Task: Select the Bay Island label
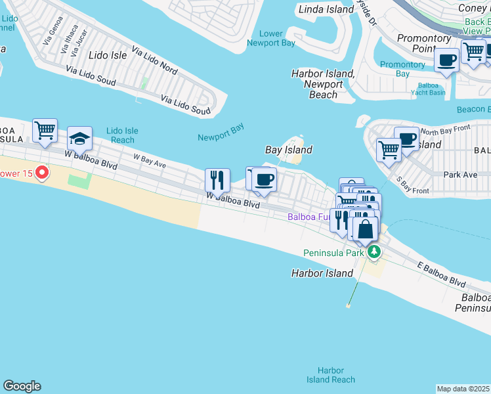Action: (288, 150)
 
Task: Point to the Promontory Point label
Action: (423, 43)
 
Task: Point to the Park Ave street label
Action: (460, 175)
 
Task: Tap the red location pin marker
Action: (42, 173)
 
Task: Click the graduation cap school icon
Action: (79, 138)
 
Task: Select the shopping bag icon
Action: (365, 229)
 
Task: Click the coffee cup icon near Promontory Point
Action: (446, 60)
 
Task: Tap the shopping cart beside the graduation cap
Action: (45, 130)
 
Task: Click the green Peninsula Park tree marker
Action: (374, 252)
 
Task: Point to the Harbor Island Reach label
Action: (331, 375)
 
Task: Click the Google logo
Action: (22, 386)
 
